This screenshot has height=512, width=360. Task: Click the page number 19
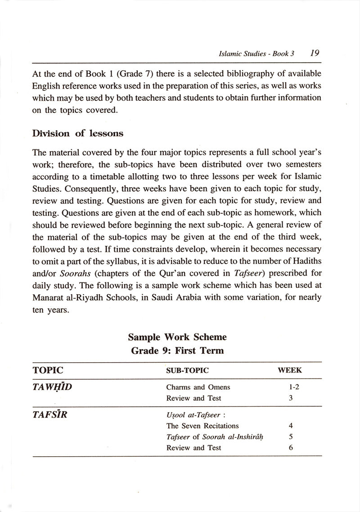point(315,53)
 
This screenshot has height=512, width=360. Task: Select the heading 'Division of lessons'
point(78,134)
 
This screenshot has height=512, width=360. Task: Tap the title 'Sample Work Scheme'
point(177,337)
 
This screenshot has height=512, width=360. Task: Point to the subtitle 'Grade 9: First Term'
point(177,350)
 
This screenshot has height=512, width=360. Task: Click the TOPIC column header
point(48,371)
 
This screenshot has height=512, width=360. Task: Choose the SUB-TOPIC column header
point(188,371)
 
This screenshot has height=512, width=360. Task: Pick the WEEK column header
point(290,371)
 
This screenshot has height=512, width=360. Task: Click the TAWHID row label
point(52,387)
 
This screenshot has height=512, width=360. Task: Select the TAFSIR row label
point(50,415)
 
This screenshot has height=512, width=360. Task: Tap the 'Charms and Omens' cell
point(198,387)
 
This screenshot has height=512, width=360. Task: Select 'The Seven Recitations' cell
point(202,426)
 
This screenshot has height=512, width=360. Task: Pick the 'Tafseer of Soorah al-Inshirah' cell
point(215,437)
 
